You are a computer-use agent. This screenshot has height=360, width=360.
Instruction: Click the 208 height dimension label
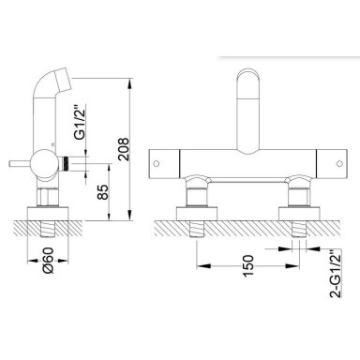(x=124, y=149)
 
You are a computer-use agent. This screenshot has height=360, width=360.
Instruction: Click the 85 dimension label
(x=102, y=192)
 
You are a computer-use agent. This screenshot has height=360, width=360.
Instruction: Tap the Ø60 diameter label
(x=49, y=261)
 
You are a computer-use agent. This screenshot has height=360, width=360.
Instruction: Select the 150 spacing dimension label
(x=247, y=266)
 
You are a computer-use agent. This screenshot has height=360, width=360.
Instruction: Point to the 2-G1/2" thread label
(x=336, y=274)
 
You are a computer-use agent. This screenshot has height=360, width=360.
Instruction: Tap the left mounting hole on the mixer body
(x=157, y=163)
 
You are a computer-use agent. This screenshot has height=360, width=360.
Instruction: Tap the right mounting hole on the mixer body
(x=339, y=163)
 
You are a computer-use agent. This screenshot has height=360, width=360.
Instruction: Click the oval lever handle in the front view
(x=248, y=112)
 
